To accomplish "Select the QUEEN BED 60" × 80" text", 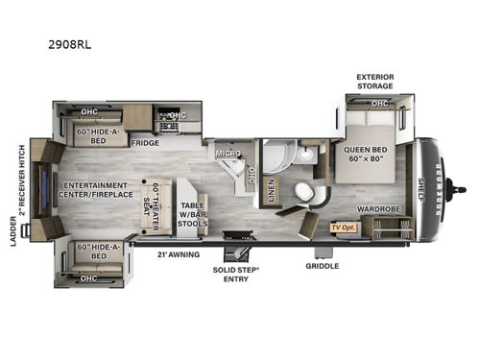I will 367,156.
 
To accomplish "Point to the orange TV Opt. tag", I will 342,227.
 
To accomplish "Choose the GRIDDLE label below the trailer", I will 322,266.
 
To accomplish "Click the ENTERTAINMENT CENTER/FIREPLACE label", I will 95,190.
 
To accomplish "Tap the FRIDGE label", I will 145,142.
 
